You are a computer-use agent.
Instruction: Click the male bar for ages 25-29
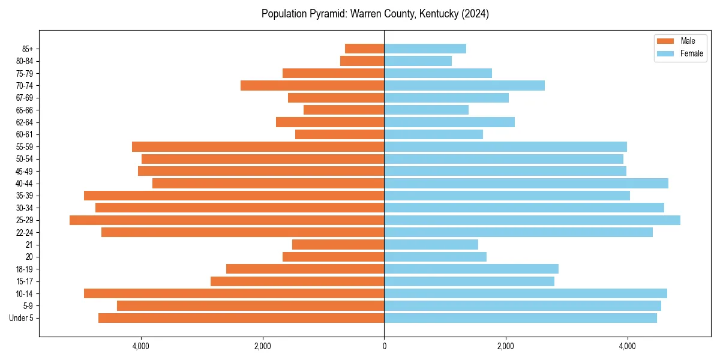click(x=227, y=220)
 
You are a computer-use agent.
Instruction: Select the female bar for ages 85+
click(x=425, y=49)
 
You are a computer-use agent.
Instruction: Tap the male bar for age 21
click(x=338, y=245)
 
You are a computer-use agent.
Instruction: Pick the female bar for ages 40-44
click(x=526, y=184)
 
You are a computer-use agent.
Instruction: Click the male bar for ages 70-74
click(x=312, y=86)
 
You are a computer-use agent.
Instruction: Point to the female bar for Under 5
click(x=520, y=318)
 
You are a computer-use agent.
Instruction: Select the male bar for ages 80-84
click(x=362, y=61)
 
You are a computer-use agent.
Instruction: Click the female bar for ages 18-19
click(x=471, y=269)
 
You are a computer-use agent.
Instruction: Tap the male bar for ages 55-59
click(x=258, y=147)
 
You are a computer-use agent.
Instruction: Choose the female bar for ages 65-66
click(x=426, y=110)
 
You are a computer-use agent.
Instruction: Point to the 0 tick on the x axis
click(x=384, y=346)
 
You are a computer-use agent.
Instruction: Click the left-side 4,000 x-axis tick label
click(x=140, y=346)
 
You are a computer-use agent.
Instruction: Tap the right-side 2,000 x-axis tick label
click(x=506, y=346)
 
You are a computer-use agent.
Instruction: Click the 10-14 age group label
click(x=25, y=293)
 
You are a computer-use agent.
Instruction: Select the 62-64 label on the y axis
click(x=25, y=122)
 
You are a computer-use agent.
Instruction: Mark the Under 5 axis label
click(x=22, y=318)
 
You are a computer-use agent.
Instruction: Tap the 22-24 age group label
click(x=25, y=232)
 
